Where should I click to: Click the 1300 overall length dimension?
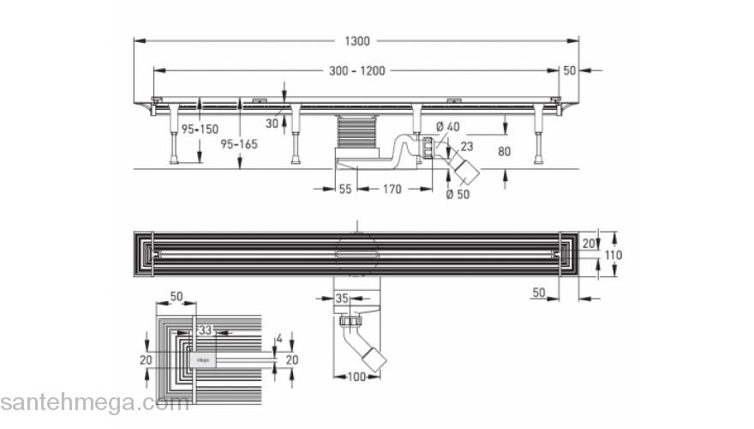coord(358,41)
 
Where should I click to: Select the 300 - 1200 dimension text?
coord(358,71)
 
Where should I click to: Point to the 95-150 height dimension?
coord(199,129)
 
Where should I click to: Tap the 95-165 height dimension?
coord(240,143)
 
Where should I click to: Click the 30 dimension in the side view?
coord(272,123)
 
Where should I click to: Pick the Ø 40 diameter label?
coord(448,128)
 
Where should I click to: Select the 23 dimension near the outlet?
coord(467,146)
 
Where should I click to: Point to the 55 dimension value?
coord(346,189)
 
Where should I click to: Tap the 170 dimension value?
coord(392,189)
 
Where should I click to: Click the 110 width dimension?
coord(613,255)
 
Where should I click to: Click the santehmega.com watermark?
coord(94,402)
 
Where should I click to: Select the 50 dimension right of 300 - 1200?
coord(570,71)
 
